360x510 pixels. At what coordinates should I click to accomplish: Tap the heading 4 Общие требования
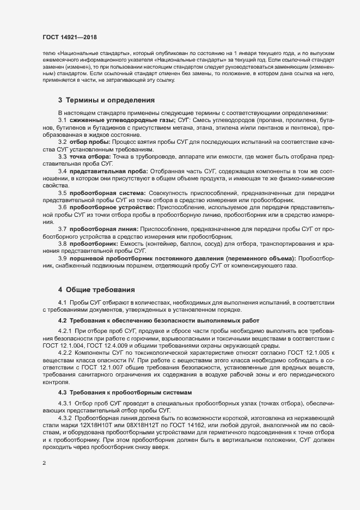(x=93, y=288)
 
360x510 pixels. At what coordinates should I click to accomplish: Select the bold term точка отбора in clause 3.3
(x=91, y=156)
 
